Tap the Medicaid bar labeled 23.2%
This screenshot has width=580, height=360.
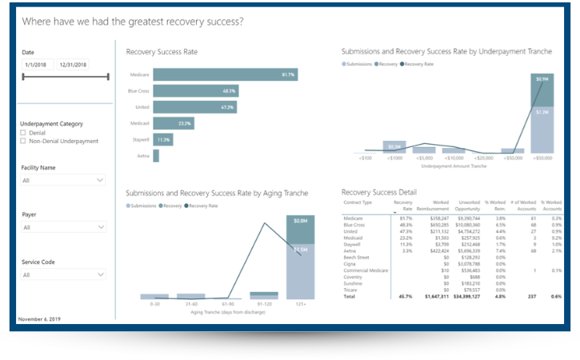[x=173, y=123]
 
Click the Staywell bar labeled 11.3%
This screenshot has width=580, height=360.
[x=162, y=139]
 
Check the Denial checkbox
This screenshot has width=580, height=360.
[x=23, y=133]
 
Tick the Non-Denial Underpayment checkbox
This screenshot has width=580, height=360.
[x=23, y=141]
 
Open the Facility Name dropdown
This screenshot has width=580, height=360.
[x=63, y=181]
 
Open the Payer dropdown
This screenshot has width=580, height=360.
[x=63, y=227]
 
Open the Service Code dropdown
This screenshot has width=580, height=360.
[x=63, y=274]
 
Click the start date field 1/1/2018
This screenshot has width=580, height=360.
[x=38, y=65]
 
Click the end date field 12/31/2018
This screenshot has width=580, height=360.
[x=73, y=65]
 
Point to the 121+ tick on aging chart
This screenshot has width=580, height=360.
[x=300, y=303]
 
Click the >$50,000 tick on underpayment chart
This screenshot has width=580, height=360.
[x=542, y=158]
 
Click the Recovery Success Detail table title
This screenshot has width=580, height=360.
[x=378, y=192]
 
